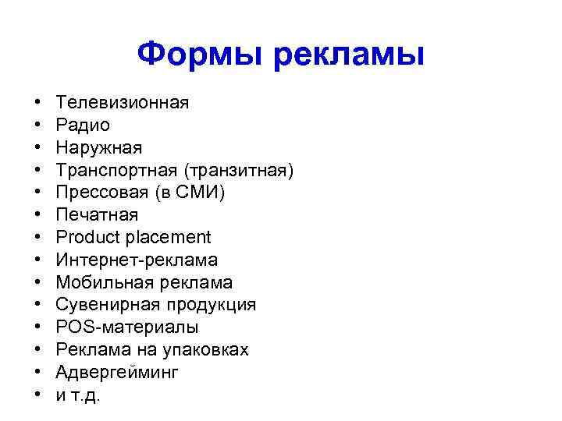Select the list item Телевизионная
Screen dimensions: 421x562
pyautogui.click(x=123, y=102)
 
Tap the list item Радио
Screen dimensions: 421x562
pyautogui.click(x=83, y=125)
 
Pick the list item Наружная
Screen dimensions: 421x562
pyautogui.click(x=99, y=147)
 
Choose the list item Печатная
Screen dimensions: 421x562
pyautogui.click(x=97, y=214)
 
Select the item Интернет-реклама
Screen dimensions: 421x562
pyautogui.click(x=137, y=260)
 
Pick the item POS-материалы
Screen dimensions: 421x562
pyautogui.click(x=127, y=327)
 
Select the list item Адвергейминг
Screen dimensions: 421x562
pyautogui.click(x=117, y=372)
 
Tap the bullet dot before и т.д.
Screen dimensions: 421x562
pyautogui.click(x=37, y=394)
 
